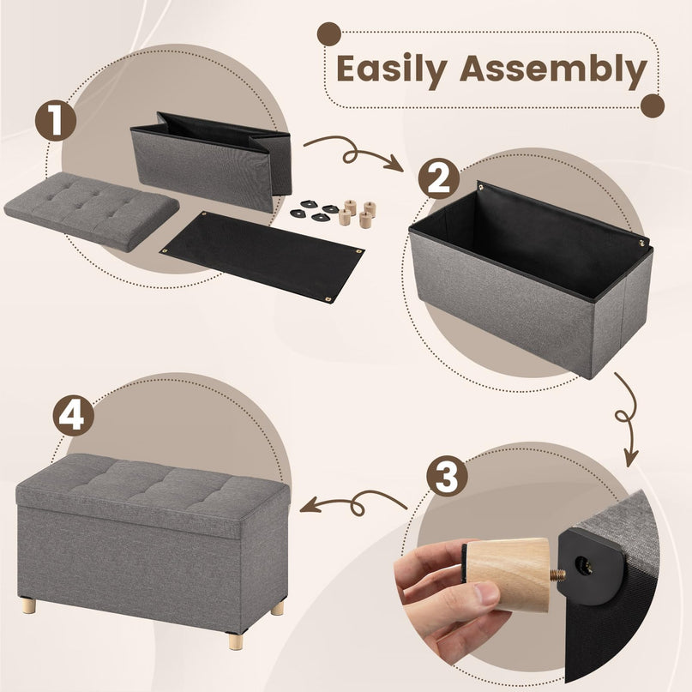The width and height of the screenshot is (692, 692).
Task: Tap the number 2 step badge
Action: [x=438, y=179]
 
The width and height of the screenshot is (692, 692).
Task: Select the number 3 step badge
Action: [x=446, y=476]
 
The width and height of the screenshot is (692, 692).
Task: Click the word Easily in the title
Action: [x=391, y=69]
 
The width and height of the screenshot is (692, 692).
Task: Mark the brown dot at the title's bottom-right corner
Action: [x=653, y=106]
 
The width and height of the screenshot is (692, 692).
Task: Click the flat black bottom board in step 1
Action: [x=262, y=255]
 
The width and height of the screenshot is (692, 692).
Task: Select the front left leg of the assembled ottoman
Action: [x=29, y=605]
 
